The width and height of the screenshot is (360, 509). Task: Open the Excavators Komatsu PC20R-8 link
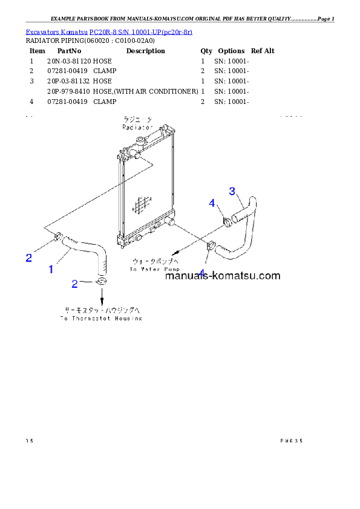(x=109, y=31)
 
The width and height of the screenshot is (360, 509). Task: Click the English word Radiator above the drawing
(x=137, y=128)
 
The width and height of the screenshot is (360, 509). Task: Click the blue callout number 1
(x=51, y=269)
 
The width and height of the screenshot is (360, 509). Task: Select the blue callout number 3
(x=232, y=191)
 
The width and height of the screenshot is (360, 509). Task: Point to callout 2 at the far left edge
(x=28, y=258)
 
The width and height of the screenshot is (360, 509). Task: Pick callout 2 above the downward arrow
(x=75, y=283)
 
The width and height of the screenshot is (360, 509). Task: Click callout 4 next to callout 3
(x=212, y=203)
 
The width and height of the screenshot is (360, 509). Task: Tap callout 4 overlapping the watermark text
(x=201, y=274)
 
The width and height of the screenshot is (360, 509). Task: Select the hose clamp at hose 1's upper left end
(x=57, y=236)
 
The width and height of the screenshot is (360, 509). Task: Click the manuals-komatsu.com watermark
(x=223, y=276)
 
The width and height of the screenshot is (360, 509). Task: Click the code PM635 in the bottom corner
(x=291, y=441)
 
